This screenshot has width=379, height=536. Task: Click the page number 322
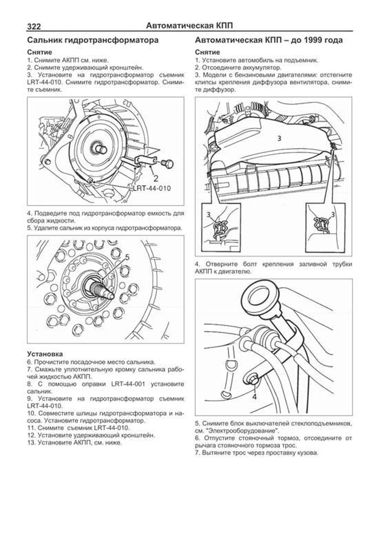pyautogui.click(x=34, y=27)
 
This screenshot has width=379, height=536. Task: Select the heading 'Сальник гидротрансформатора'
pyautogui.click(x=93, y=40)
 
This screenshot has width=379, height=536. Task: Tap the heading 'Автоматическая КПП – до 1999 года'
pyautogui.click(x=269, y=40)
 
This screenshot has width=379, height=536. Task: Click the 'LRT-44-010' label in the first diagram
pyautogui.click(x=152, y=189)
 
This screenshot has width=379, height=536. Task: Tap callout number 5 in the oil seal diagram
pyautogui.click(x=127, y=257)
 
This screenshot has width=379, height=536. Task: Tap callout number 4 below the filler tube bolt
pyautogui.click(x=255, y=397)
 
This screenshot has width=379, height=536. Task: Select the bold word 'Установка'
pyautogui.click(x=45, y=354)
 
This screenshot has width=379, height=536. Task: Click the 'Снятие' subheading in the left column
pyautogui.click(x=39, y=52)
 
